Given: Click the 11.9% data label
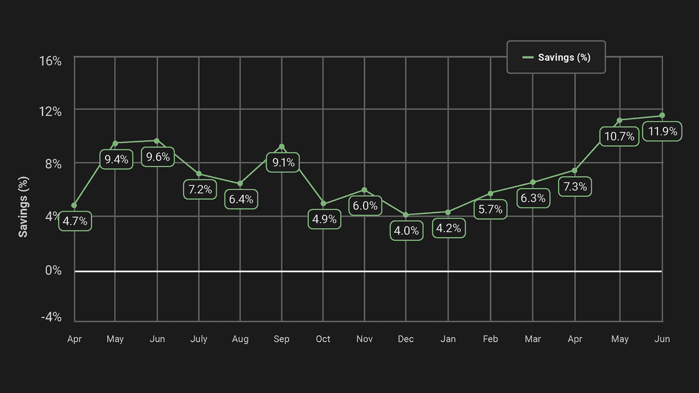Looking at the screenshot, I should point(662,132).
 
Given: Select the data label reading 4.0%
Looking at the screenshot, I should point(406,231).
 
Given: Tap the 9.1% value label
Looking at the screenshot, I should point(283,162).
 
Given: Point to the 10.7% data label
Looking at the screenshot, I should point(619,137).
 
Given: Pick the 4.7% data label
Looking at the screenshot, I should point(75,221).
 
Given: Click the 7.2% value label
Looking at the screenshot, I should point(200,190).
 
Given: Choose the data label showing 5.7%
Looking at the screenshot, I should point(490,210).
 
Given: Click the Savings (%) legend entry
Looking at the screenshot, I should point(556,57).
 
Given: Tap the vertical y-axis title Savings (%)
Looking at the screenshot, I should point(23,207).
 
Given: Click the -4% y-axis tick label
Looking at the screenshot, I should point(51,317).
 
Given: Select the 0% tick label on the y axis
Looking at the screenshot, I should point(53,271).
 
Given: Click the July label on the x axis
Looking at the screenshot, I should point(199,339).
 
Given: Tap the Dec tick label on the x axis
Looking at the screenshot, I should point(406,339).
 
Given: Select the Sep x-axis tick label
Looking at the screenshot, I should point(282,339).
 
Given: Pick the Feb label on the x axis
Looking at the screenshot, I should point(490,339).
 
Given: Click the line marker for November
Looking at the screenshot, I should point(365,190).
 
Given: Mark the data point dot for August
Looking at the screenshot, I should point(240,183).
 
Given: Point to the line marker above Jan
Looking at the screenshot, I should point(448,212).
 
